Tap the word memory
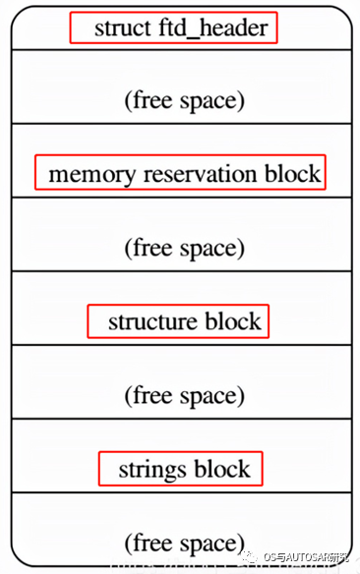pyautogui.click(x=91, y=175)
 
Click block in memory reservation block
pyautogui.click(x=292, y=175)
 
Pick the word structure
pyautogui.click(x=150, y=321)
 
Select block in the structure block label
pyautogui.click(x=233, y=321)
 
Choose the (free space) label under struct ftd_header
pyautogui.click(x=184, y=100)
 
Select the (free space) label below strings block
pyautogui.click(x=184, y=543)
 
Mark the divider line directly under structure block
pyautogui.click(x=180, y=345)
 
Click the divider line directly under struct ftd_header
pyautogui.click(x=180, y=50)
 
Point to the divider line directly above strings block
pyautogui.click(x=180, y=419)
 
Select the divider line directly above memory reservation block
pyautogui.click(x=180, y=124)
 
